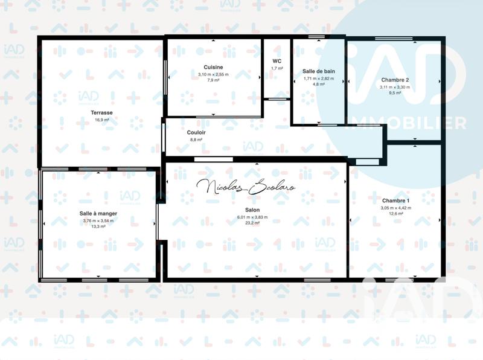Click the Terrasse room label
(101, 112)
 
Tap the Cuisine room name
(214, 66)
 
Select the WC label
(277, 61)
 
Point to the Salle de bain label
(319, 71)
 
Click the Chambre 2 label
(395, 80)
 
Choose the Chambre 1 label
(395, 201)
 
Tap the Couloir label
(196, 132)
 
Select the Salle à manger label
(98, 213)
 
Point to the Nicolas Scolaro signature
(246, 187)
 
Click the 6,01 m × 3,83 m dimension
(253, 217)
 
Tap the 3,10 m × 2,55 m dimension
(214, 74)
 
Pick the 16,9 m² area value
(101, 120)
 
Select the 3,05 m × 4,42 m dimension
(395, 208)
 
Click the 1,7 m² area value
(277, 68)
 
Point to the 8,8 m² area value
(196, 139)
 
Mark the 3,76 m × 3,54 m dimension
(98, 220)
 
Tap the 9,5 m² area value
(395, 93)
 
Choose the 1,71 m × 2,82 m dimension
(319, 78)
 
